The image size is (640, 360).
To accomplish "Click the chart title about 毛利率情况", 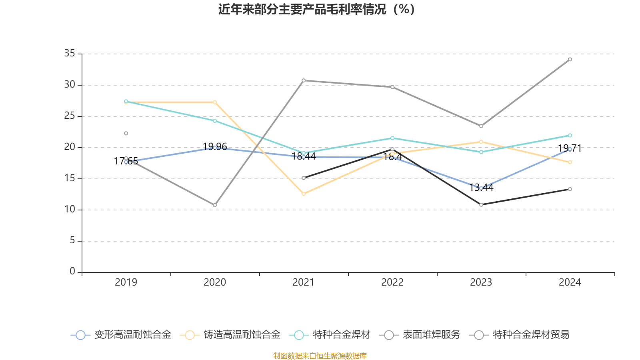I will tap(317, 9).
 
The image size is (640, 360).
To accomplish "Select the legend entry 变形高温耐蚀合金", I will tap(121, 335).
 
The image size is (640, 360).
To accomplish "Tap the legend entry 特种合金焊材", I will tap(332, 335).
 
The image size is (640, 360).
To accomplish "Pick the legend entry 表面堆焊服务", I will tap(422, 335).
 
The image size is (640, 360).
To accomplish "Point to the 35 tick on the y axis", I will tap(70, 54).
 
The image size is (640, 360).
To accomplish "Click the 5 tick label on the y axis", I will tap(72, 240).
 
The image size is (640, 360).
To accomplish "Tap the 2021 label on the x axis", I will tap(304, 282).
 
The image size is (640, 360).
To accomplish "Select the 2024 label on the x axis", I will tap(570, 282).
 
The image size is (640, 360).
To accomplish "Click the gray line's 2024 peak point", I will tap(570, 60).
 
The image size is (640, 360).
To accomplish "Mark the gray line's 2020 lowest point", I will tap(215, 205).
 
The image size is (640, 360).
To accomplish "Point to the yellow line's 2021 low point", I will tap(304, 194).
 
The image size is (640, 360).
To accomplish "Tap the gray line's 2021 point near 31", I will tap(304, 80).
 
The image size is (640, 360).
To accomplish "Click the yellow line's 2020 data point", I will tap(215, 102).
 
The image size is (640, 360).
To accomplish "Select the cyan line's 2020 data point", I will tap(215, 121).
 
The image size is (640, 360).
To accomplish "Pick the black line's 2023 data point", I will tap(481, 205).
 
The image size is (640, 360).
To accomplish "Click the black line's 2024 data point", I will tap(570, 189).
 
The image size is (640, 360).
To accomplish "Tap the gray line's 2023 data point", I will tap(481, 126).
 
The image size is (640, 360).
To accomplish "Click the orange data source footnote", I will tap(320, 356).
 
